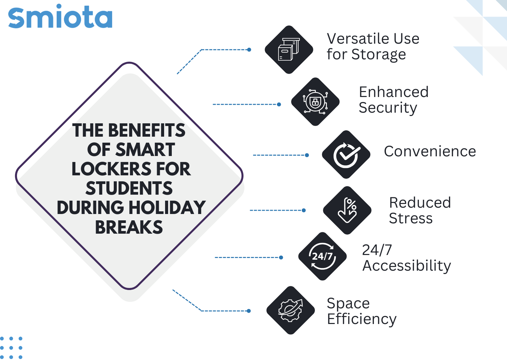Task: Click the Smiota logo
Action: pyautogui.click(x=60, y=16)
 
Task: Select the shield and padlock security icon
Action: pyautogui.click(x=315, y=102)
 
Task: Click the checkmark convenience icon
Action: pyautogui.click(x=346, y=154)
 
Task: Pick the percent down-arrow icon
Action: pyautogui.click(x=347, y=210)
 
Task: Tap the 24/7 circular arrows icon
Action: pyautogui.click(x=322, y=256)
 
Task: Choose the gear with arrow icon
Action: pyautogui.click(x=291, y=310)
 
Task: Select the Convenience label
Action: pyautogui.click(x=430, y=151)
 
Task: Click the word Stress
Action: pyautogui.click(x=411, y=218)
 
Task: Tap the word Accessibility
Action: pyautogui.click(x=407, y=266)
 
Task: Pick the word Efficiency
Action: pyautogui.click(x=362, y=319)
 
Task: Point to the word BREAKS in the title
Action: pyautogui.click(x=129, y=227)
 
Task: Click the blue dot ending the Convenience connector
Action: pyautogui.click(x=307, y=155)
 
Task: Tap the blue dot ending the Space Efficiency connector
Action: pyautogui.click(x=249, y=311)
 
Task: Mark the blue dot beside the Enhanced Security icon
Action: pyautogui.click(x=279, y=104)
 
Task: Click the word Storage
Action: pyautogui.click(x=379, y=55)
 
